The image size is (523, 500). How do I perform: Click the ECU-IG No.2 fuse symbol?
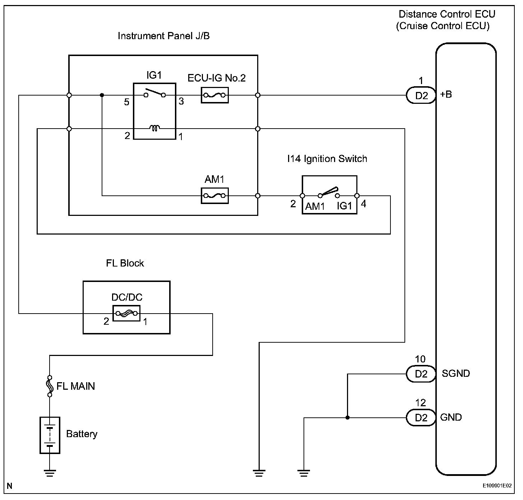coord(214,95)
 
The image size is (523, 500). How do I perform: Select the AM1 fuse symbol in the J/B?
coord(214,196)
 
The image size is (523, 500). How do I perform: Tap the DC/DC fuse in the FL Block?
coord(126,313)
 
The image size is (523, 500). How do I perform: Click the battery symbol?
coord(50,435)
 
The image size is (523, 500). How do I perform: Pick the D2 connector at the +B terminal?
coord(421,96)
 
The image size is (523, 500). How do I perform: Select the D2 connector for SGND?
coord(421,374)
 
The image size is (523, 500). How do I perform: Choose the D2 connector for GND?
coord(421,418)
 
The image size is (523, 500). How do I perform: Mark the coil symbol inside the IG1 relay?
coord(155,128)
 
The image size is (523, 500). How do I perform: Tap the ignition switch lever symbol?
coord(329,192)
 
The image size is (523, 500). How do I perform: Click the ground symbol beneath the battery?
coord(50,473)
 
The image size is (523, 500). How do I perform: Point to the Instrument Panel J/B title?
coord(163,36)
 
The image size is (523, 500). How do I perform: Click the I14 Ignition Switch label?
coord(327,159)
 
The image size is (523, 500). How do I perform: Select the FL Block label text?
coord(125,263)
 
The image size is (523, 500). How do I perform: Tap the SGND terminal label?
coord(455,374)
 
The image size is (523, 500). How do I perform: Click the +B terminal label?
coord(446,94)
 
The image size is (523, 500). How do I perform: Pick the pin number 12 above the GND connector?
coord(420,403)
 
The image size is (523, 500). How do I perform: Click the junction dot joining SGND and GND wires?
coord(347,418)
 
